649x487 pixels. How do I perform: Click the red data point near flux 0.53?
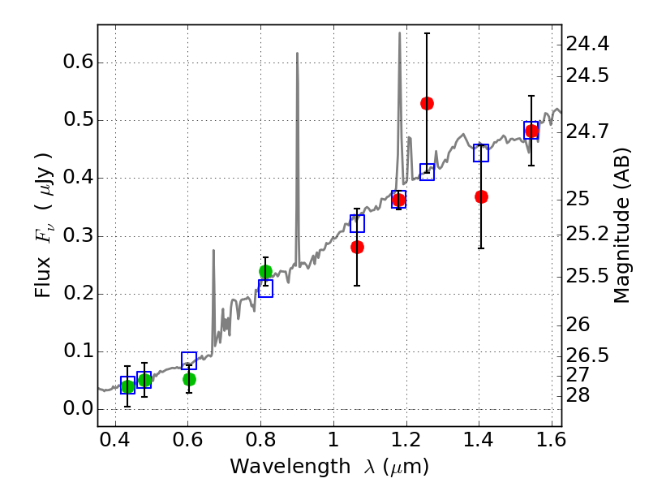[427, 103]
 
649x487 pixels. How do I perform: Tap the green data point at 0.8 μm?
[265, 271]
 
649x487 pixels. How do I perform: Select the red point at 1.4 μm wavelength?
[481, 196]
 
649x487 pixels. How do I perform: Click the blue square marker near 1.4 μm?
[481, 153]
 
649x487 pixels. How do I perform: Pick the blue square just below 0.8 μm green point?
[265, 289]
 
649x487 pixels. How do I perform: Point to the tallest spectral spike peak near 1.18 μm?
[399, 33]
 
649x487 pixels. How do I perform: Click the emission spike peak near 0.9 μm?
[297, 54]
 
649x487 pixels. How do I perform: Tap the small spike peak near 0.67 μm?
[213, 251]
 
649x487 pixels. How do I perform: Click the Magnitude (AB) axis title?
[622, 226]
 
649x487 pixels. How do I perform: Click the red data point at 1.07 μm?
[357, 247]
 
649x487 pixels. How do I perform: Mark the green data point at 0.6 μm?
[189, 379]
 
